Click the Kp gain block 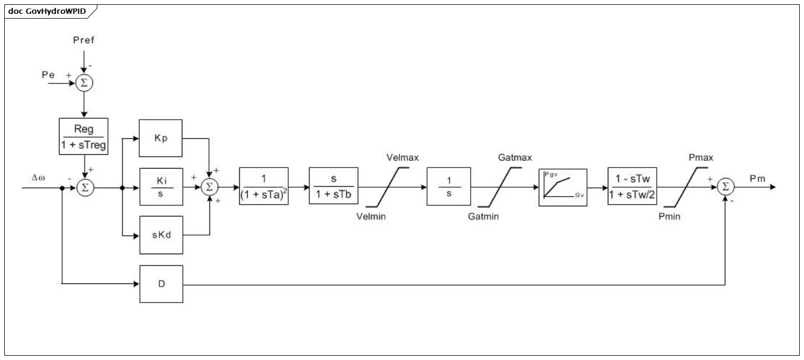pos(161,138)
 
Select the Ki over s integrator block pos(161,187)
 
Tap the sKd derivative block pos(161,235)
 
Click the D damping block pos(161,284)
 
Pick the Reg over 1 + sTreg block pos(83,136)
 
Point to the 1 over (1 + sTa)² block pos(264,186)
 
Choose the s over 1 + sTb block pos(333,186)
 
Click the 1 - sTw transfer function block pos(632,186)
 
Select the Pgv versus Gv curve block pos(563,187)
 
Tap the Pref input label pos(83,40)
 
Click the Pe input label pos(48,74)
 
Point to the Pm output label pos(757,178)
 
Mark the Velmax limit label pos(403,157)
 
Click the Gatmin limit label pos(483,216)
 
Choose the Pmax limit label pos(701,157)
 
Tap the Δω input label pos(38,177)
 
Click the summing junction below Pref pos(84,83)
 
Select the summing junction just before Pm pos(725,187)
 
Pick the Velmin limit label pos(371,216)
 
